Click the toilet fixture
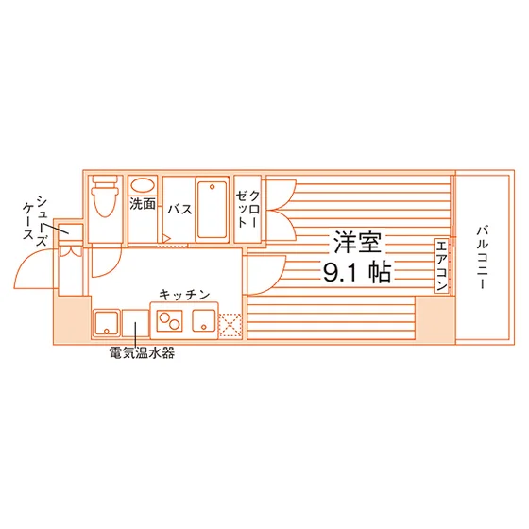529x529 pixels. click(105, 196)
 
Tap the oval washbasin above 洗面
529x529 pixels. click(143, 186)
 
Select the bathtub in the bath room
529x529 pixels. click(213, 210)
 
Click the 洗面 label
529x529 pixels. click(143, 204)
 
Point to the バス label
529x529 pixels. click(179, 210)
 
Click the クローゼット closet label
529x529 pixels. click(247, 209)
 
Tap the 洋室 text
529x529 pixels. click(357, 242)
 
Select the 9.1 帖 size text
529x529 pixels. click(357, 272)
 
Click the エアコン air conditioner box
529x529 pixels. click(442, 265)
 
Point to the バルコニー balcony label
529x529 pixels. click(483, 258)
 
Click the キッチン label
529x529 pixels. click(184, 295)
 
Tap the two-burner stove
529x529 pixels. click(169, 321)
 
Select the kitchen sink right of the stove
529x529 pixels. click(204, 320)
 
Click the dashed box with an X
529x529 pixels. click(230, 326)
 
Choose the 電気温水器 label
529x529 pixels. click(142, 353)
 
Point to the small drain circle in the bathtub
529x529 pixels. click(213, 187)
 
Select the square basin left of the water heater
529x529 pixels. click(106, 323)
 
